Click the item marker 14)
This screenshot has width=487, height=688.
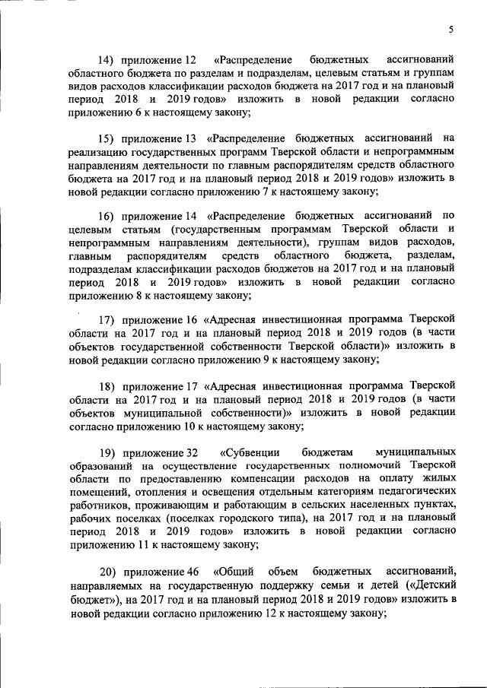click(113, 59)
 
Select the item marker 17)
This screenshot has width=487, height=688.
click(113, 317)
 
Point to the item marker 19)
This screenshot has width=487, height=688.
click(113, 451)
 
